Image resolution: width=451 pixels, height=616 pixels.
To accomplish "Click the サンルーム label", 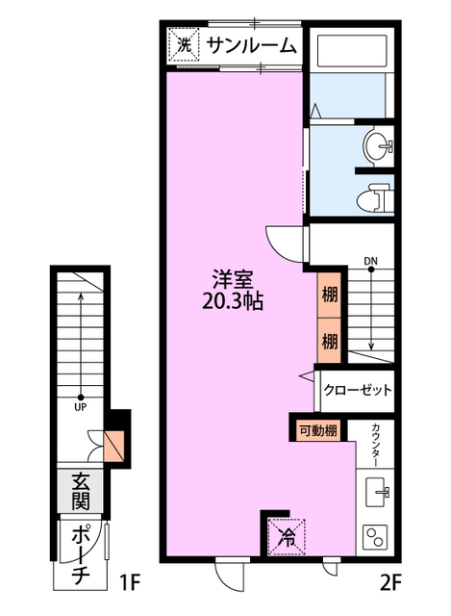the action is [250, 46].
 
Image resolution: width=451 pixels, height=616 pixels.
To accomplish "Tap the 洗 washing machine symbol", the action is [184, 45].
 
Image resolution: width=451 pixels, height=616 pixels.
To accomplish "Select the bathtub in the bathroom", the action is [352, 51].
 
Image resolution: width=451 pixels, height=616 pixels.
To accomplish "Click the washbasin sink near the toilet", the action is [378, 145].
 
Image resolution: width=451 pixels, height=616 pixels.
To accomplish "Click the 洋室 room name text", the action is [233, 279].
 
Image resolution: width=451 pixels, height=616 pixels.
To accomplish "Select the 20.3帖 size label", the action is [233, 302].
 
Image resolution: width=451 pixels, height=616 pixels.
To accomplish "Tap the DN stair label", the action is [370, 261].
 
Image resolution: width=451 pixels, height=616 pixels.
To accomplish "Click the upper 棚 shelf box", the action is [329, 295].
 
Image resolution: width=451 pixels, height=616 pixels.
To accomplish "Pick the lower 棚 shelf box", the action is [329, 341].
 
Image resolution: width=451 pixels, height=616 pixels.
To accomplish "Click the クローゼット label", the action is [358, 390].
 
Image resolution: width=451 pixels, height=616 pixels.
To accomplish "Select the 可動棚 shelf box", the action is [318, 430].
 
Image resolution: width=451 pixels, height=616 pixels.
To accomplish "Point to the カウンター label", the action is [376, 445].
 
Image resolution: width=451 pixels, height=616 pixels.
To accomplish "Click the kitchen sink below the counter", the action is [377, 491].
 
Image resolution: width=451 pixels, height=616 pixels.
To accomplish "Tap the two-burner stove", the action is [375, 537].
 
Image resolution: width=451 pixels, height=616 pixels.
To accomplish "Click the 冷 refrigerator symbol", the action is [287, 537].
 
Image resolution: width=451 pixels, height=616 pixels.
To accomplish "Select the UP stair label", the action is [81, 407].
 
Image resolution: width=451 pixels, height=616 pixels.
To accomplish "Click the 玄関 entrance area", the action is [80, 491].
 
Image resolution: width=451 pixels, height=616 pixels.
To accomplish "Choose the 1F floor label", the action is [129, 582].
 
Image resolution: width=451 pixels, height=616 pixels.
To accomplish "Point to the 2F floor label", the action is [390, 582].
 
